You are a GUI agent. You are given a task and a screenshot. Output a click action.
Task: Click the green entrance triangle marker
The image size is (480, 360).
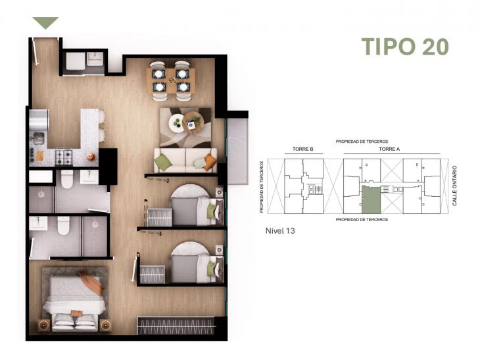(x=45, y=23)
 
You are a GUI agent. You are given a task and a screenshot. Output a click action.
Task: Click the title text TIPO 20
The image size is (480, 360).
(x=405, y=47)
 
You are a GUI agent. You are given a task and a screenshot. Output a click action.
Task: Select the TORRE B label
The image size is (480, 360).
(x=294, y=149)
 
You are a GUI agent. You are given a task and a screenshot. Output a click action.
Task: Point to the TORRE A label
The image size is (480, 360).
(x=389, y=149)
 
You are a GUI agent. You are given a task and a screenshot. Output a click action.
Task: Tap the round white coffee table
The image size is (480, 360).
(x=178, y=123)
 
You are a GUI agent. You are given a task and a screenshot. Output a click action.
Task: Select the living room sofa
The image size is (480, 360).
(x=185, y=160)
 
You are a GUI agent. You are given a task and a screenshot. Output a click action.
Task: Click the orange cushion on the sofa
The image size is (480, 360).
(x=209, y=162)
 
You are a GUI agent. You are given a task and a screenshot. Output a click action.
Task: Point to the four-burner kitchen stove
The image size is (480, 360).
(x=64, y=157)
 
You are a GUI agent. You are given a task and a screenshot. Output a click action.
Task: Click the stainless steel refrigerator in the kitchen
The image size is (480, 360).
(x=38, y=120)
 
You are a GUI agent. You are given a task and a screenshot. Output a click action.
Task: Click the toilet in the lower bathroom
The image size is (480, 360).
(x=64, y=226)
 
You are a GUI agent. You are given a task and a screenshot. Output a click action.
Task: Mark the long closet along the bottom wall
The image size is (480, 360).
(x=176, y=326)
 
